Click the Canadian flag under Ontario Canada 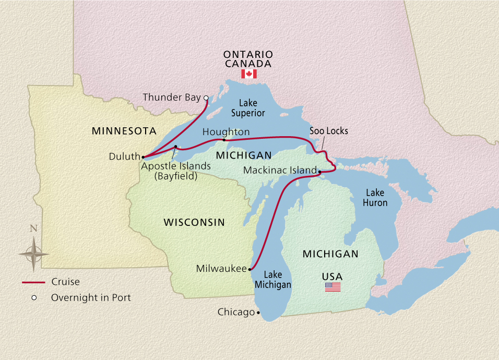click(248, 74)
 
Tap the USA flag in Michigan click(332, 286)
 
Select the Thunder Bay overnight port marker click(206, 98)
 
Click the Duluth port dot click(143, 157)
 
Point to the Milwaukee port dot click(251, 269)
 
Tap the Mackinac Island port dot click(319, 171)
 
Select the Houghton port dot click(224, 140)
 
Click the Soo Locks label click(328, 130)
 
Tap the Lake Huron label click(375, 198)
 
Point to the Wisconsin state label click(194, 222)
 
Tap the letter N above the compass click(33, 228)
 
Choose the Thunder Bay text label click(171, 98)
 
